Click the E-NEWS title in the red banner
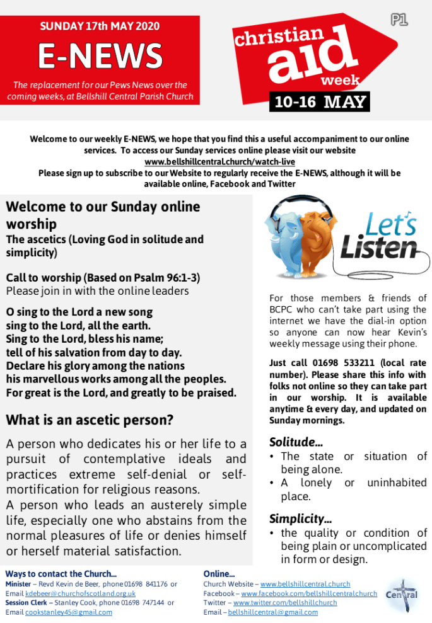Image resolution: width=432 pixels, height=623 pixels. [x=100, y=57]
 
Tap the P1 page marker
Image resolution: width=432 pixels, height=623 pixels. [x=399, y=20]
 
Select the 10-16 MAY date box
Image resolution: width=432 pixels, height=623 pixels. [x=319, y=102]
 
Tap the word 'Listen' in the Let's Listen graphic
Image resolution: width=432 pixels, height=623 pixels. [x=378, y=248]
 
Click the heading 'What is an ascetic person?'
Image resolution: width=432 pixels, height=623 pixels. [x=90, y=420]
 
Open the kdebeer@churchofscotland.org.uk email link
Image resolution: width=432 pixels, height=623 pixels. [x=80, y=593]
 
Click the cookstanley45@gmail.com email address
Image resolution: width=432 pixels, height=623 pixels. [x=68, y=612]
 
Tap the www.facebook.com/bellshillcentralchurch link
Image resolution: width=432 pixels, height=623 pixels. [x=309, y=593]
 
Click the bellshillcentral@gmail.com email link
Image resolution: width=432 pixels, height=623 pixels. [x=272, y=612]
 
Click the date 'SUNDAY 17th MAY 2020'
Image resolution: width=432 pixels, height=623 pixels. [x=100, y=26]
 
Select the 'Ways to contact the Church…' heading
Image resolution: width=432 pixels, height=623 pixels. [x=61, y=574]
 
